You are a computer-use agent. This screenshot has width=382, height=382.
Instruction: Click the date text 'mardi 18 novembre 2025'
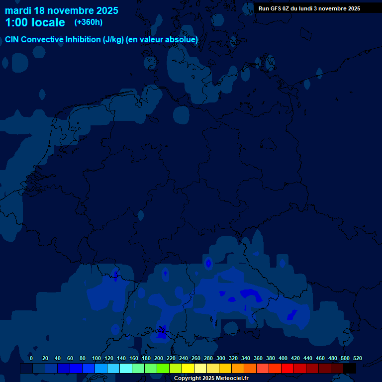point(62,10)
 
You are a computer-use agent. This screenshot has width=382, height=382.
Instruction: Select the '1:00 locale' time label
point(35,22)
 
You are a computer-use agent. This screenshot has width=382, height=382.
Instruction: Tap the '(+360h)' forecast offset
point(89,22)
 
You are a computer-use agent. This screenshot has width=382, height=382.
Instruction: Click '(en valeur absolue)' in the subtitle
point(162,39)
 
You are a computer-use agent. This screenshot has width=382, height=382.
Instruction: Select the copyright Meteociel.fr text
point(211,379)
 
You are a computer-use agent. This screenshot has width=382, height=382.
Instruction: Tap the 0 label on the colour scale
point(31,358)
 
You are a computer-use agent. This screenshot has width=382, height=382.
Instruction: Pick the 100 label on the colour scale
point(96,358)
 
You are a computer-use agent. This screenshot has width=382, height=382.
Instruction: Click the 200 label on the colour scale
point(159,358)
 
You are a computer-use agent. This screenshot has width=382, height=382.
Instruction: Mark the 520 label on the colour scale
point(357,358)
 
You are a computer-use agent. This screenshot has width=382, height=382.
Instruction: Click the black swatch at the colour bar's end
point(350,369)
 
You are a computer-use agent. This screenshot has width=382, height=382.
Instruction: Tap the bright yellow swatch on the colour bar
point(188,369)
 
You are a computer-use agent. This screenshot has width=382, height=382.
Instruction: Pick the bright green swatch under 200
point(163,369)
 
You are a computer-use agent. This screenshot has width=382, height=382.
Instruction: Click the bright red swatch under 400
point(287,369)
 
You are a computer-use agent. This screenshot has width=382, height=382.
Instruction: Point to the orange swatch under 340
point(250,369)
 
